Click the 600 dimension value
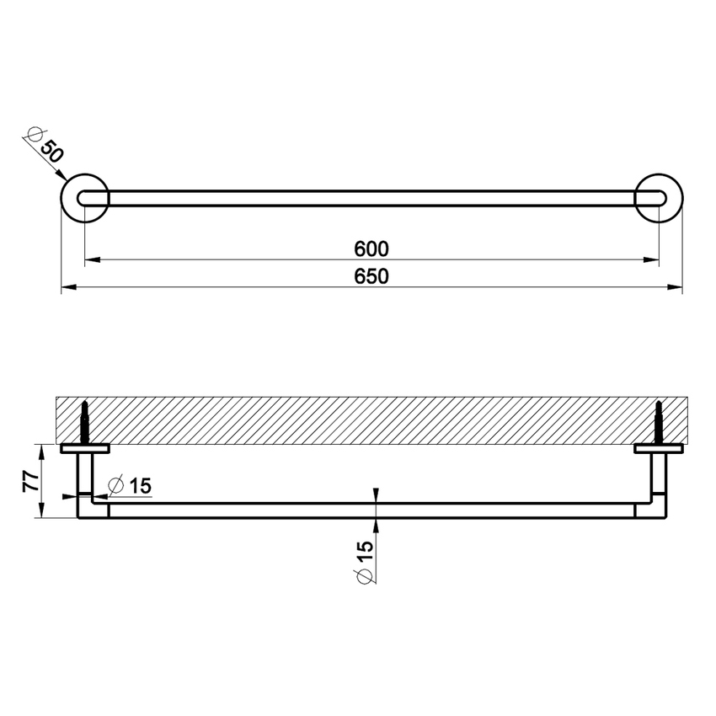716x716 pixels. pyautogui.click(x=371, y=249)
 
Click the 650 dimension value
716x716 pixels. pyautogui.click(x=371, y=277)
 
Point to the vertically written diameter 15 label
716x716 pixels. pyautogui.click(x=365, y=562)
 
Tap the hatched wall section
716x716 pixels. pyautogui.click(x=371, y=419)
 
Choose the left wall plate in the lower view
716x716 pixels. pyautogui.click(x=84, y=448)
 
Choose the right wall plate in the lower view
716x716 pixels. pyautogui.click(x=659, y=448)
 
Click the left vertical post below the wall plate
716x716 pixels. pyautogui.click(x=85, y=476)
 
